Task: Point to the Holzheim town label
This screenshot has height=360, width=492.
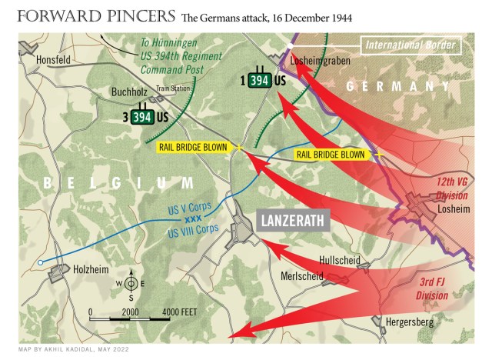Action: [80, 270]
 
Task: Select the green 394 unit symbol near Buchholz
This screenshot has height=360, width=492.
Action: [141, 117]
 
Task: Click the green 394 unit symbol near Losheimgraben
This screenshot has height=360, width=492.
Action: [258, 80]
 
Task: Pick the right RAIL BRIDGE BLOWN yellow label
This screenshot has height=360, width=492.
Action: [331, 155]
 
